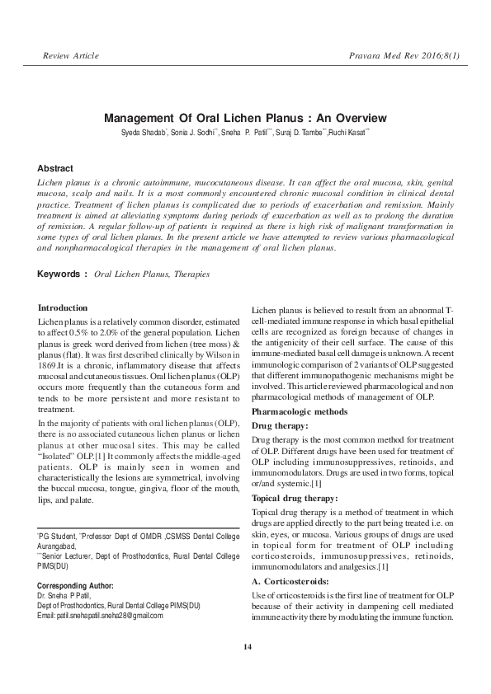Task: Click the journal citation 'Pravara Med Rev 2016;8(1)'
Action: (x=405, y=56)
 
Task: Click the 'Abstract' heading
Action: (x=55, y=168)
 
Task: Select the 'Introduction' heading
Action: (x=63, y=307)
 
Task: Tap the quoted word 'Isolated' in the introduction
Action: (x=59, y=455)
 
